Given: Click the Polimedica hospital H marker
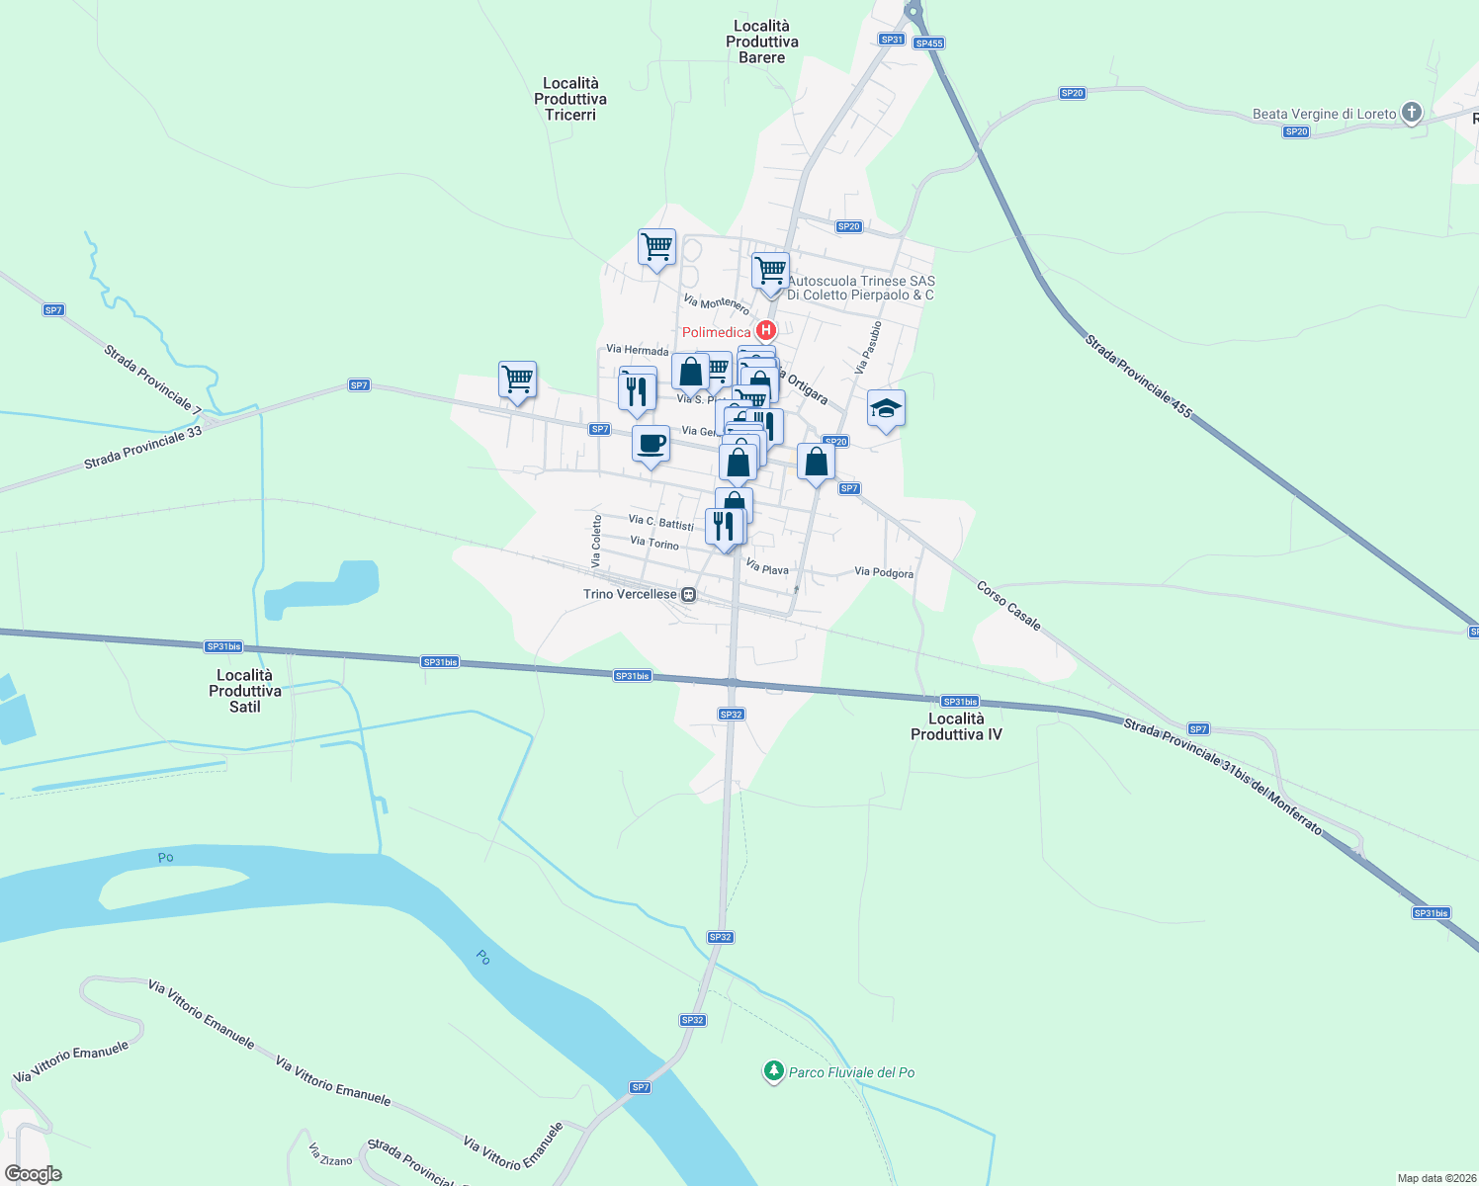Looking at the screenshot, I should [765, 330].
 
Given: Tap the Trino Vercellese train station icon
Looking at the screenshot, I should [689, 595].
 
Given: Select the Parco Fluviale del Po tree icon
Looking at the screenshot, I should [773, 1071].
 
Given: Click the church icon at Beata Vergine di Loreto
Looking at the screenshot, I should [1412, 113].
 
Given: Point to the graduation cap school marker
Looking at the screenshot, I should [886, 408].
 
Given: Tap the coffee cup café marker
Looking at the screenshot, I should [651, 444].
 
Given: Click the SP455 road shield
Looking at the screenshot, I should [928, 43].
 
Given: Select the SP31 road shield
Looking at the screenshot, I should [892, 40].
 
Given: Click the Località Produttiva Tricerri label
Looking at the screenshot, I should [570, 99].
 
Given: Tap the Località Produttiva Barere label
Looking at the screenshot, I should [761, 42].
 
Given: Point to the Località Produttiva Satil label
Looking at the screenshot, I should [245, 691].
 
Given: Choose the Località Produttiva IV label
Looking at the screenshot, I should [956, 726].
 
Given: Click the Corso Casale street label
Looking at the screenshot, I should [1008, 605].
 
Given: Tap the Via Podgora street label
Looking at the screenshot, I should [884, 572].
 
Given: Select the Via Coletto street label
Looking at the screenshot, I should [597, 541].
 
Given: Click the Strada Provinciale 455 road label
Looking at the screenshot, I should [1138, 376].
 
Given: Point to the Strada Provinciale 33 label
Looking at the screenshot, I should [142, 448].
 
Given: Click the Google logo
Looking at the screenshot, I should [34, 1174].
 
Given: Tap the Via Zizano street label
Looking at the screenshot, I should [330, 1155].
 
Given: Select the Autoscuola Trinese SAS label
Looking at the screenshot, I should [860, 288].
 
